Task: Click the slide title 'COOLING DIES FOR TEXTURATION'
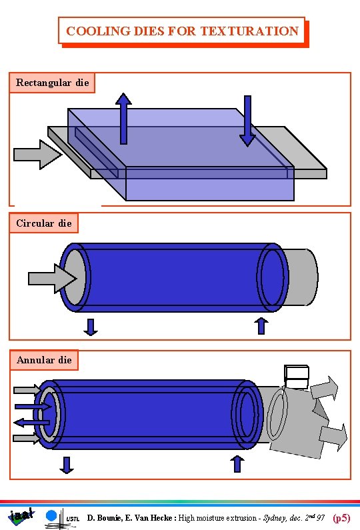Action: pyautogui.click(x=182, y=31)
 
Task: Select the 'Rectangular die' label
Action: pyautogui.click(x=52, y=83)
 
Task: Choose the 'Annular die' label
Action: pyautogui.click(x=44, y=360)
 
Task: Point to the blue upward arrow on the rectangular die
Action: pyautogui.click(x=123, y=118)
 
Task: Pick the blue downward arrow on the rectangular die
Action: pyautogui.click(x=247, y=121)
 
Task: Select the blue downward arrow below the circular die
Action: pyautogui.click(x=91, y=327)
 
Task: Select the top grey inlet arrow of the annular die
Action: pyautogui.click(x=27, y=389)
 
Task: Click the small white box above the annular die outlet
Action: pyautogui.click(x=296, y=377)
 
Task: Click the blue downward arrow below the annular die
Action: pyautogui.click(x=67, y=465)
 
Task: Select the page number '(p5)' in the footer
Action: pyautogui.click(x=341, y=517)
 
